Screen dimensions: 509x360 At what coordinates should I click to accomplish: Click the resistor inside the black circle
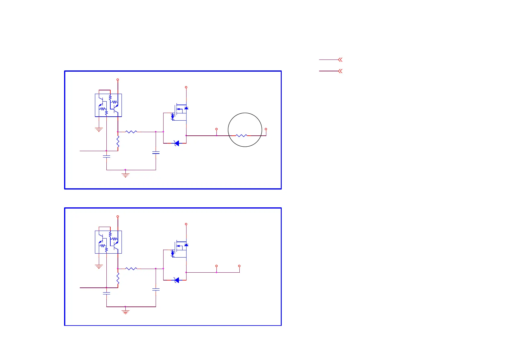242,136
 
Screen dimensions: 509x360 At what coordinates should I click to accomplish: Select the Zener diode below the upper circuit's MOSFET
177,143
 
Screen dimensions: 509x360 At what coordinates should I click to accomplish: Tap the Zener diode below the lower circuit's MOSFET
177,280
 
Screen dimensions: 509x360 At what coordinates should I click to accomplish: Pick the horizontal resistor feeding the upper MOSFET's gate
131,132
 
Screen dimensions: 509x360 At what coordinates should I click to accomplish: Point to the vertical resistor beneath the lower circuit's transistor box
118,278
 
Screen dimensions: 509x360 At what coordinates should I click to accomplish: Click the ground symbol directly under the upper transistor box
99,130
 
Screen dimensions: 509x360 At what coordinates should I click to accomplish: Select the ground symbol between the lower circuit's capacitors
125,311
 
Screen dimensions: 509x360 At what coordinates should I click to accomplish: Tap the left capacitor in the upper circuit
106,156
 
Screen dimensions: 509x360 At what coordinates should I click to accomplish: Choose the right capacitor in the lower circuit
156,290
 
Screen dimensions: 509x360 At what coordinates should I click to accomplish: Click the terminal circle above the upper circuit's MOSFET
186,87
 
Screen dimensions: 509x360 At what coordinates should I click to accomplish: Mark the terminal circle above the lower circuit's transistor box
118,216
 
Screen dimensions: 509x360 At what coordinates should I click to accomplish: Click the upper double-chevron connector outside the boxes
340,60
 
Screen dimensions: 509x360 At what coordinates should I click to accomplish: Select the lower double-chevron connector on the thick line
340,71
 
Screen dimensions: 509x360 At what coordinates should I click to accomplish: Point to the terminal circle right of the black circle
266,129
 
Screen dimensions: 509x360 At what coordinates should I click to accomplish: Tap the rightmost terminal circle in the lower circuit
239,266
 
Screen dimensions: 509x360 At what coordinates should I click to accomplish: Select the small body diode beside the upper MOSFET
186,108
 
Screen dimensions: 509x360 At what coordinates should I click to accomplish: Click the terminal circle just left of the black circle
216,129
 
